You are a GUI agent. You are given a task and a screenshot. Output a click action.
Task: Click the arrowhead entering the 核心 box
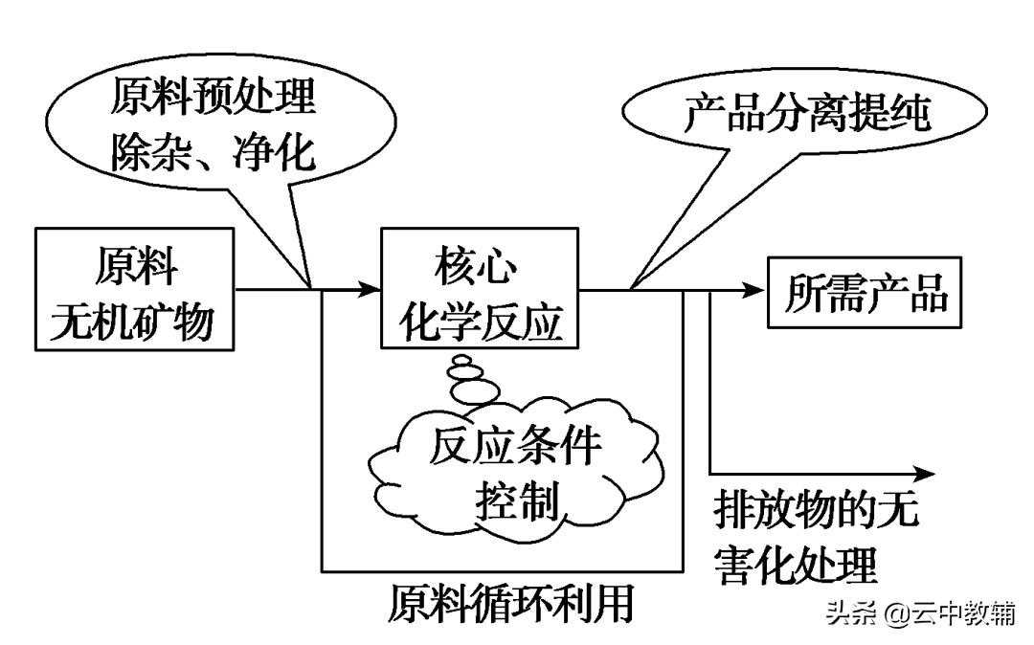point(369,288)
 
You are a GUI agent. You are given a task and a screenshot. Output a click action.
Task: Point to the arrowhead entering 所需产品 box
point(756,288)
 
